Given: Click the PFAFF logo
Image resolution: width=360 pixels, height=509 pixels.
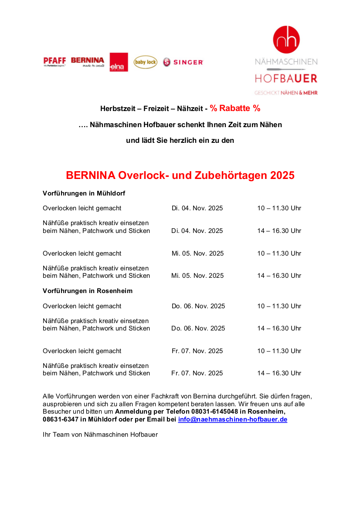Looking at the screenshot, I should coord(54,61).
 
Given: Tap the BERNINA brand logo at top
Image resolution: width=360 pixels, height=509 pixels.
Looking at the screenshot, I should coord(88,61).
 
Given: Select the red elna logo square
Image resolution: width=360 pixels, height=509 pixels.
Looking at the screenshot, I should coord(119,62).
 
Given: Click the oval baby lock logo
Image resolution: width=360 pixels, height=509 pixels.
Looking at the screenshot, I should coord(145,62).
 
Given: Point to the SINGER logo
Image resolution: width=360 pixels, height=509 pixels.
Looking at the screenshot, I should coord(183,62).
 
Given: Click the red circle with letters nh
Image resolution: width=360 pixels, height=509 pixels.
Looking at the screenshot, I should coord(286,40).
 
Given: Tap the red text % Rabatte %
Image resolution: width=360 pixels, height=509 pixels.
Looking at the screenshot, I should coord(235,108).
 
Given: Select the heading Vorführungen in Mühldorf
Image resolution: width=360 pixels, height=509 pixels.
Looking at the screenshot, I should coord(84,193).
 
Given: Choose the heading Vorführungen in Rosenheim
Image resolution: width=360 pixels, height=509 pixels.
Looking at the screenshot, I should coord(88,290).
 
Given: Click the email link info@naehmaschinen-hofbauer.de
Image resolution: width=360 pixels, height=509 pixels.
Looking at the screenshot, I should coord(233,419).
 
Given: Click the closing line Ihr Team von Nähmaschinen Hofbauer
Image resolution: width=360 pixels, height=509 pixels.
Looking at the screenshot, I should coord(100,434).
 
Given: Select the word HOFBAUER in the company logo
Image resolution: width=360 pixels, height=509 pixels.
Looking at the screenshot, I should coord(286,79).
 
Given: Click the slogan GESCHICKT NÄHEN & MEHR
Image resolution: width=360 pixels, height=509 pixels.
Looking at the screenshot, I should coord(286,93).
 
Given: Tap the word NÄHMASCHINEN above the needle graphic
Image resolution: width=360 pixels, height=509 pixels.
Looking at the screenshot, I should coord(286,62).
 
